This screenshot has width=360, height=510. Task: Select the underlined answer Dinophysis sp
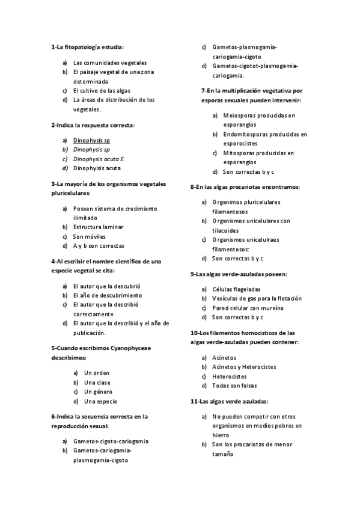(x=91, y=140)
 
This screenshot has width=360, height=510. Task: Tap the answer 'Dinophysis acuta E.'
(x=99, y=159)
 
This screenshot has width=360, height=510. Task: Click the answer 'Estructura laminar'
(x=98, y=227)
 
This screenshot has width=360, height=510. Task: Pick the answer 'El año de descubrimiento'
(x=108, y=295)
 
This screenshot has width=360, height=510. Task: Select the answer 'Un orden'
(x=97, y=373)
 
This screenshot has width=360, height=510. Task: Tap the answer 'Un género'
(x=98, y=392)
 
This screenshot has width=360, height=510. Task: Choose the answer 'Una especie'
(x=100, y=401)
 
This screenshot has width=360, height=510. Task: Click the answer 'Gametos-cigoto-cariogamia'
(x=111, y=441)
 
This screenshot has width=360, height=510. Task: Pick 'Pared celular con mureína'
(x=247, y=308)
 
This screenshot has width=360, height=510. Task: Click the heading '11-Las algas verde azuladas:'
(x=229, y=401)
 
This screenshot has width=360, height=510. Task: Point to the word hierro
(x=221, y=434)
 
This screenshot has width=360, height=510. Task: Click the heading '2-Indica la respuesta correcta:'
(x=93, y=125)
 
